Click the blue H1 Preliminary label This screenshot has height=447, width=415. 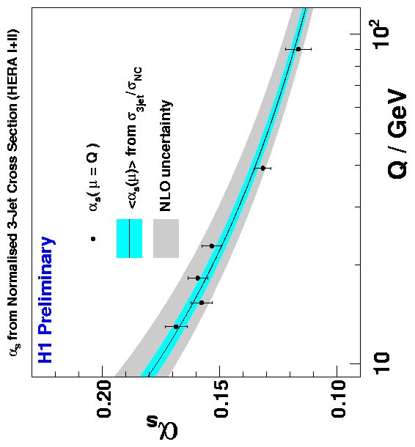point(45,300)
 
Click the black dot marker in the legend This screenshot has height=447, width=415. point(92,239)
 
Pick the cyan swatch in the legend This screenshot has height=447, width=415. point(129,238)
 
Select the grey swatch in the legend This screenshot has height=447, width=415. point(166,238)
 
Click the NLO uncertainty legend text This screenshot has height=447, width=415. point(166,155)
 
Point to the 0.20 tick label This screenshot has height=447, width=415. point(105,399)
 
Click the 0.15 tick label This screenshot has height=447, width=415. point(222,399)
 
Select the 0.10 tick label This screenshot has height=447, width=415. point(339,399)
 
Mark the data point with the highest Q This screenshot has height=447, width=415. point(298,49)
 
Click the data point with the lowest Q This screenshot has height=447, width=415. point(176,327)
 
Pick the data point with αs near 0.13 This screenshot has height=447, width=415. point(263,169)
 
